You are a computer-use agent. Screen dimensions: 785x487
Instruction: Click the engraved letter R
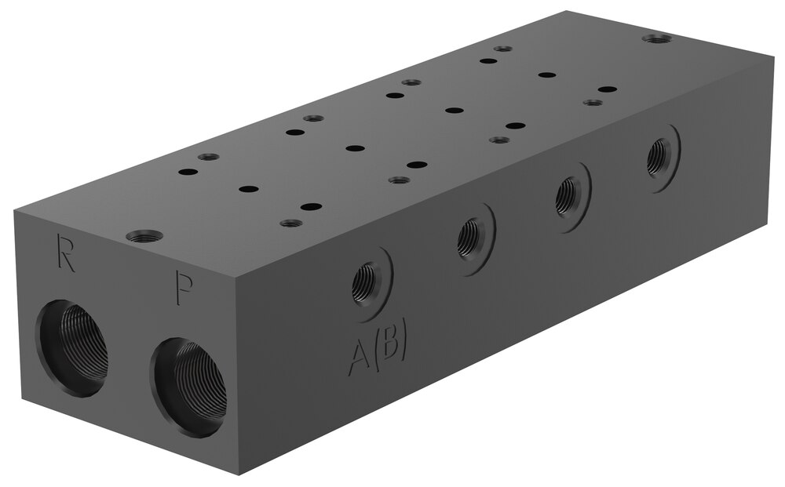point(66,253)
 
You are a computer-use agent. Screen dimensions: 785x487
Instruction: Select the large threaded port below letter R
point(71,341)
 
